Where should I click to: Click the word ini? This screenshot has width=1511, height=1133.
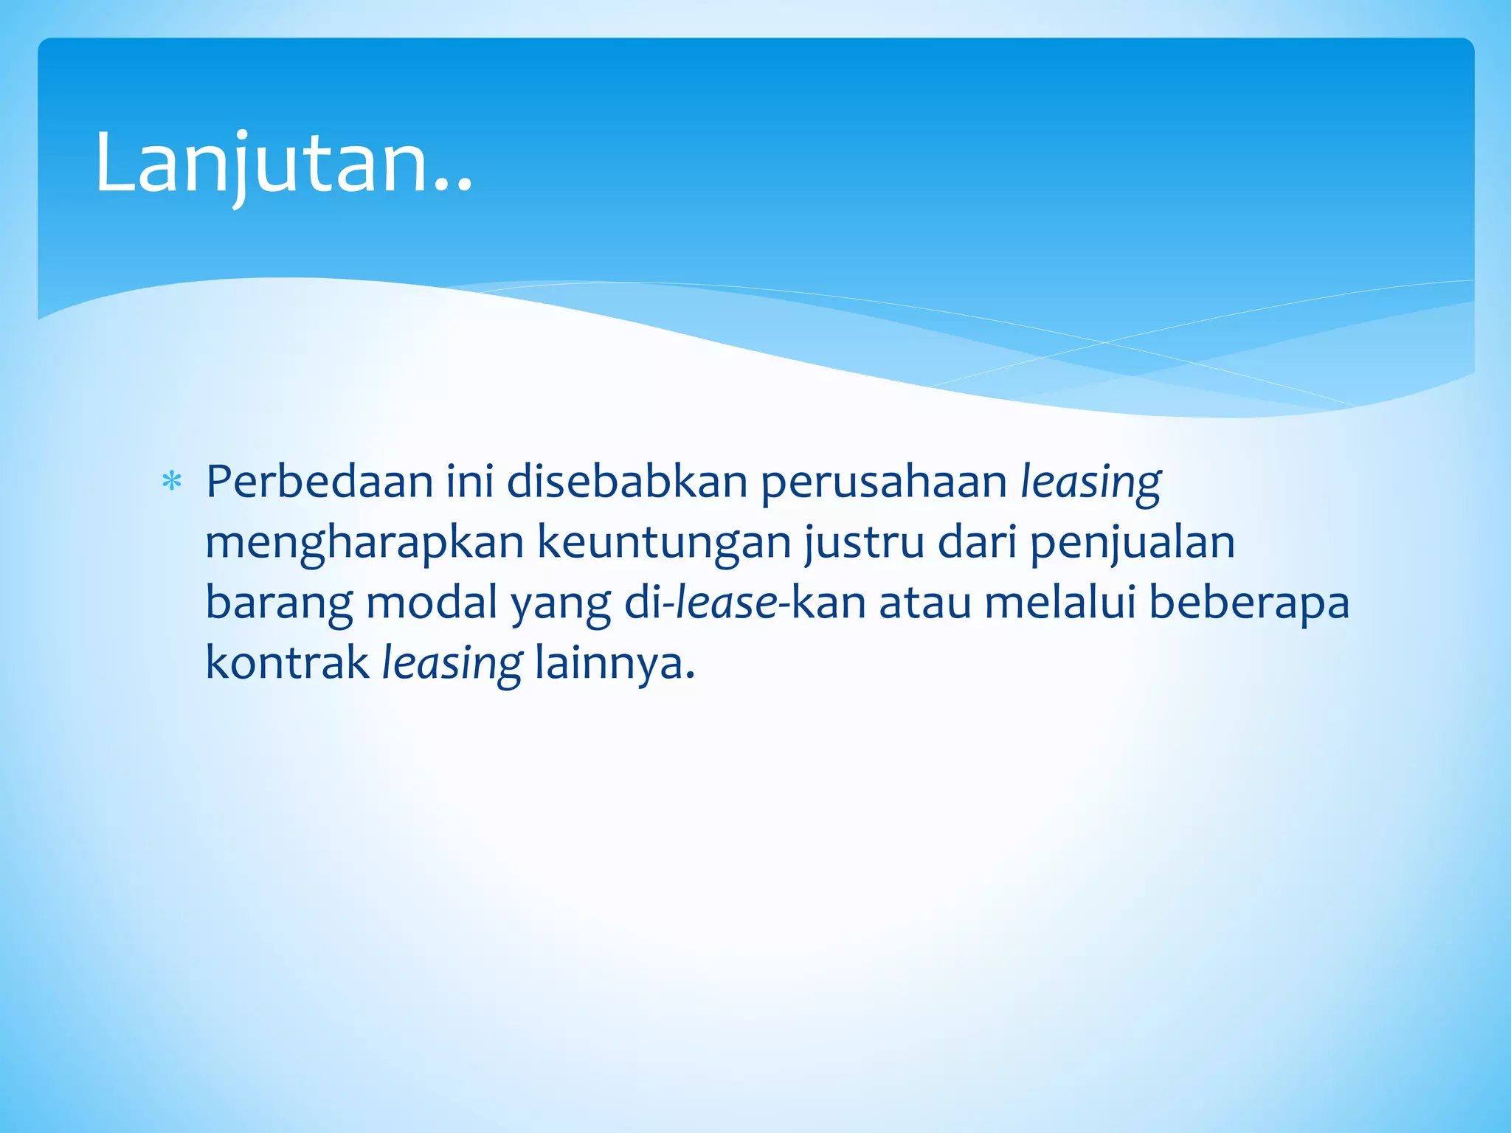[470, 482]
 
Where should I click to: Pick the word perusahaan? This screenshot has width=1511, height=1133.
[884, 483]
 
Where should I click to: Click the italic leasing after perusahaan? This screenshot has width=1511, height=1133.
[1090, 483]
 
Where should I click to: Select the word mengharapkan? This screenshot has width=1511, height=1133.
[364, 544]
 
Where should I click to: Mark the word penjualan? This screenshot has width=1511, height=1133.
[1132, 544]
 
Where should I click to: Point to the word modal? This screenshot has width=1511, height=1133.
[432, 603]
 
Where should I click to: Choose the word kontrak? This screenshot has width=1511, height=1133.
[287, 663]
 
